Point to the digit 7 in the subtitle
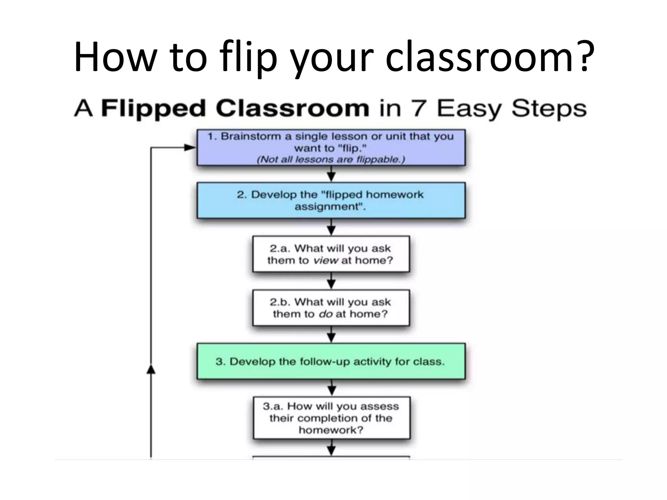[418, 108]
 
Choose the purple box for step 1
[331, 147]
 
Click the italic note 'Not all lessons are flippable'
[331, 160]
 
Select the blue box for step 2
[331, 200]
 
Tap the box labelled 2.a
[331, 254]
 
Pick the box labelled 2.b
[331, 308]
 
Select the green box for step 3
[331, 361]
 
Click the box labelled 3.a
[332, 418]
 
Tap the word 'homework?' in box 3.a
[331, 430]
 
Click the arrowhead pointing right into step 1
[190, 147]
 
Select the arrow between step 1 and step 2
[331, 174]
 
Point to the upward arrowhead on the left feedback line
[150, 369]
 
